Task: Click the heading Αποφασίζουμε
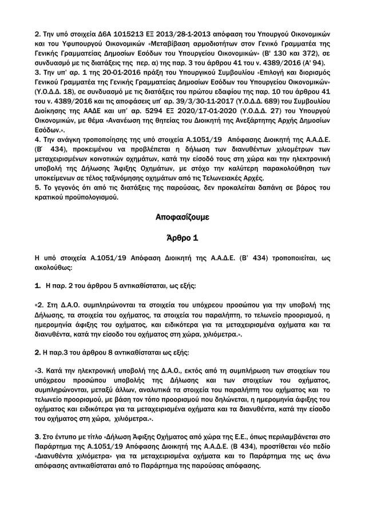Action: click(x=182, y=218)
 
